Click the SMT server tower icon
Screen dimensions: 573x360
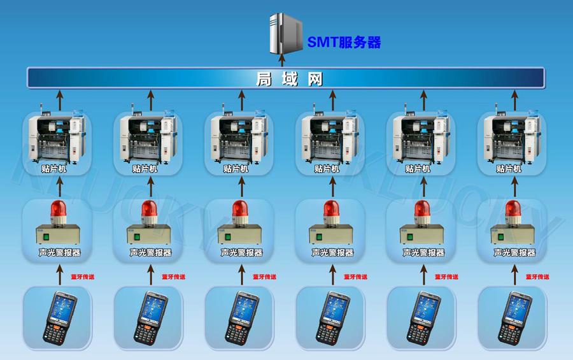tap(286, 34)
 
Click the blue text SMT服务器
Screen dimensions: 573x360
tap(344, 42)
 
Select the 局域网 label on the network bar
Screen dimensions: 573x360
tap(289, 78)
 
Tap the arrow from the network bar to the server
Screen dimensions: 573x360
tap(282, 61)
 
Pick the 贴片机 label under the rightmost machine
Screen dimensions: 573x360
tap(508, 169)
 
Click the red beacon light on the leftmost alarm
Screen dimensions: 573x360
tap(59, 212)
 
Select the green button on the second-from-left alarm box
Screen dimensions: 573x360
tap(137, 237)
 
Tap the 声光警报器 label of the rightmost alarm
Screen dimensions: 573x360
tap(514, 252)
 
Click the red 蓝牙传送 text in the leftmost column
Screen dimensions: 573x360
tap(83, 277)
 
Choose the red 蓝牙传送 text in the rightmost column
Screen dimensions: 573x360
tap(537, 277)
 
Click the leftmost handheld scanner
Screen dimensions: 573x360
tap(60, 317)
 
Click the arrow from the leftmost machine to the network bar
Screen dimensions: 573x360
tap(60, 101)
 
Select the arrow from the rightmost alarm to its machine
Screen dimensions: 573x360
tap(514, 187)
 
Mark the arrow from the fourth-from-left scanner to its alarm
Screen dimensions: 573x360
tap(332, 275)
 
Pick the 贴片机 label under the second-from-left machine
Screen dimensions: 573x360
tap(145, 169)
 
